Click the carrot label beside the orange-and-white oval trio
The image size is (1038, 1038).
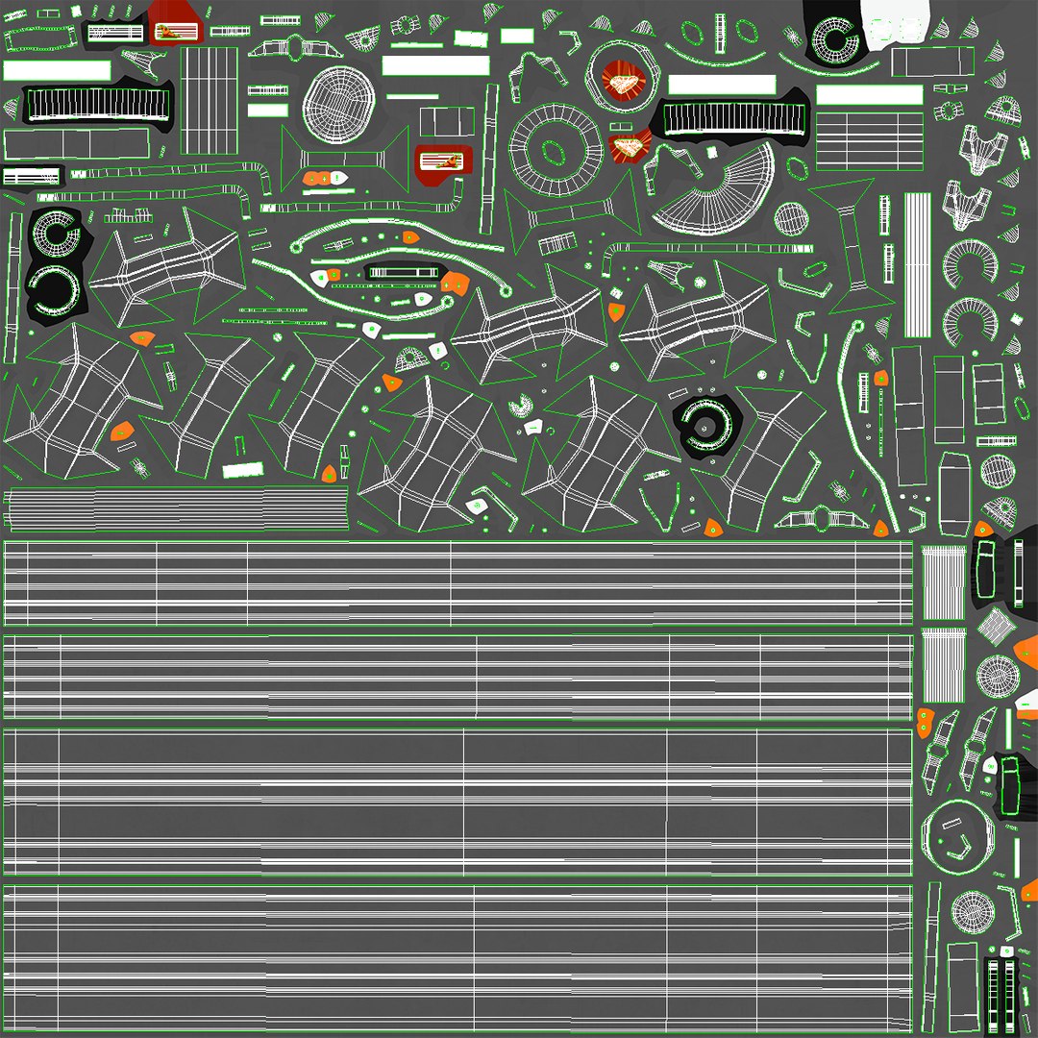(x=444, y=160)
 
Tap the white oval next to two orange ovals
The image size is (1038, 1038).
(x=338, y=178)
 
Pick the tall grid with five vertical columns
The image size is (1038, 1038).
(x=210, y=100)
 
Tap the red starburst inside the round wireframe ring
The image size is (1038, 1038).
(x=620, y=83)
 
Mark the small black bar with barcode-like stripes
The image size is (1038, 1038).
(x=32, y=177)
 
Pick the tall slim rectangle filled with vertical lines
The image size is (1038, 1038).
(x=918, y=265)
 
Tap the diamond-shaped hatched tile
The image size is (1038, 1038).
(x=996, y=626)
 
